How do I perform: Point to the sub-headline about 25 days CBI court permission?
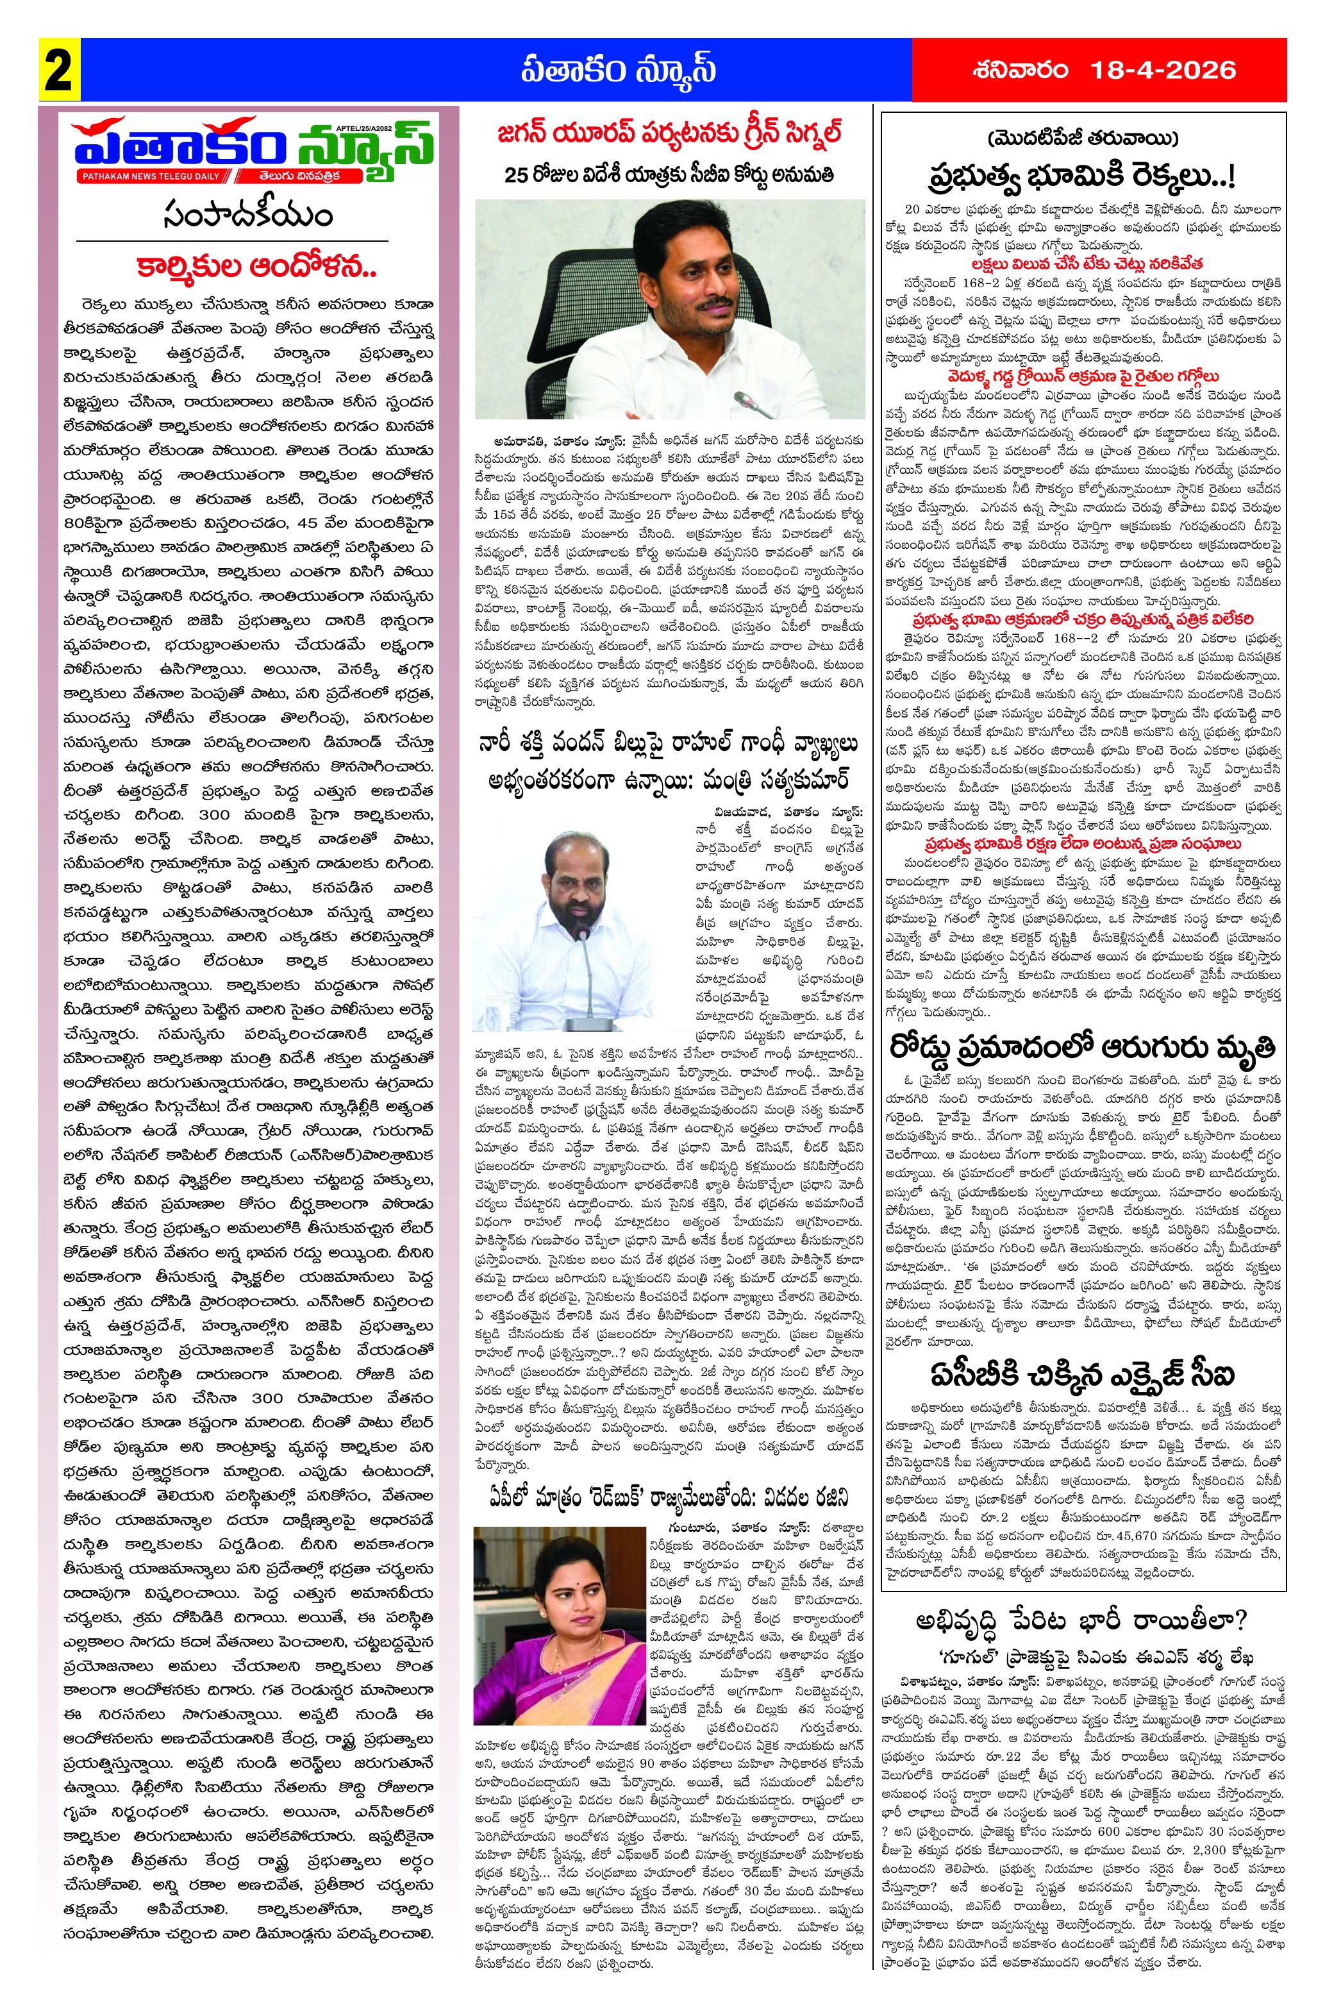669,175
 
